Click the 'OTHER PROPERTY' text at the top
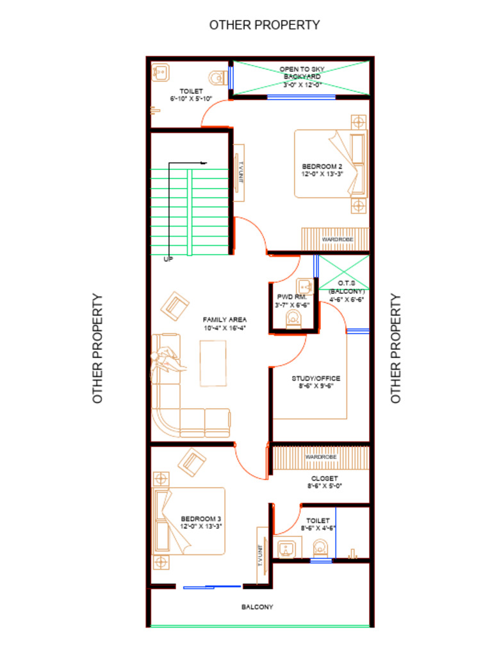(265, 25)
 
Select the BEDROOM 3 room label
(201, 518)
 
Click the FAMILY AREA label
(225, 320)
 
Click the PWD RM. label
(292, 298)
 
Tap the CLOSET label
(324, 479)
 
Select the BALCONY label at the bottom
(257, 607)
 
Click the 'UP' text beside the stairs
(168, 259)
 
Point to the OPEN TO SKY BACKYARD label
(302, 73)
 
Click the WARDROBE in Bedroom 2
(335, 239)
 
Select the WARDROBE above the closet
(321, 457)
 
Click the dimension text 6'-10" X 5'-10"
(191, 99)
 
